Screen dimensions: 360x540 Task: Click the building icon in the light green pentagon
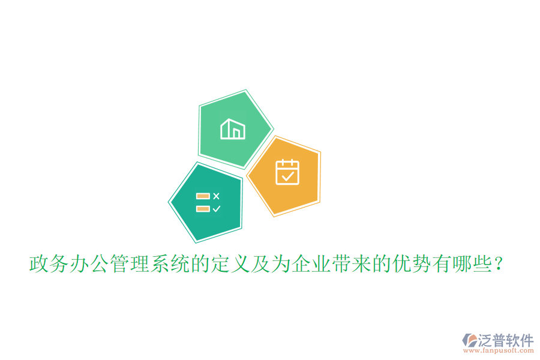point(233,129)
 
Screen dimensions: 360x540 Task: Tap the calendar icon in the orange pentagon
point(287,172)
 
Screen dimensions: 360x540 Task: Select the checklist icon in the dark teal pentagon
point(208,202)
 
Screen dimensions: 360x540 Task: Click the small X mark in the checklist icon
point(217,196)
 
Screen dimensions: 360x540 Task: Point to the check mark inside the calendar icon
point(287,175)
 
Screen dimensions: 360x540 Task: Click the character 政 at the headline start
point(39,264)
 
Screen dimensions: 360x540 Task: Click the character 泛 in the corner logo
point(485,340)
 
